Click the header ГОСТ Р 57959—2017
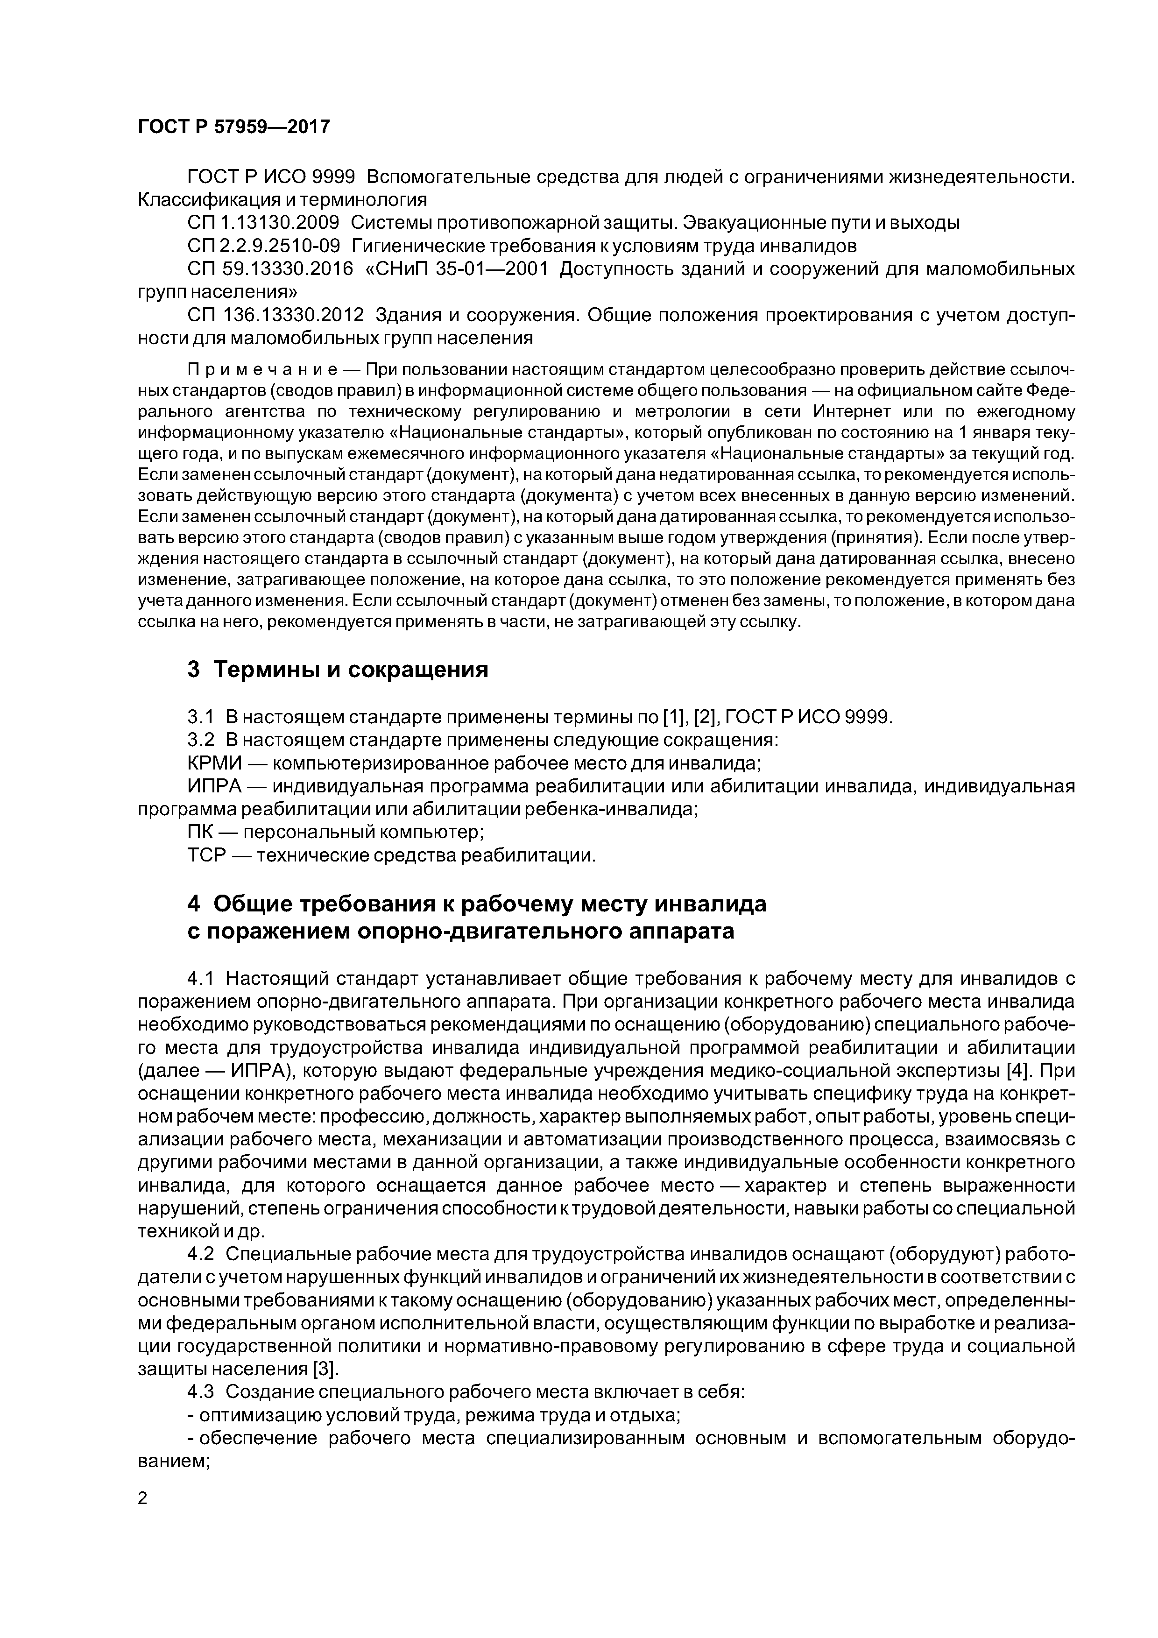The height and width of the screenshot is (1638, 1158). [x=234, y=127]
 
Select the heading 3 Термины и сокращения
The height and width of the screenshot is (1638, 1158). [x=338, y=670]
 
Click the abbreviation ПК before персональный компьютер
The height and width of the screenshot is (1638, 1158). [x=202, y=832]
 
